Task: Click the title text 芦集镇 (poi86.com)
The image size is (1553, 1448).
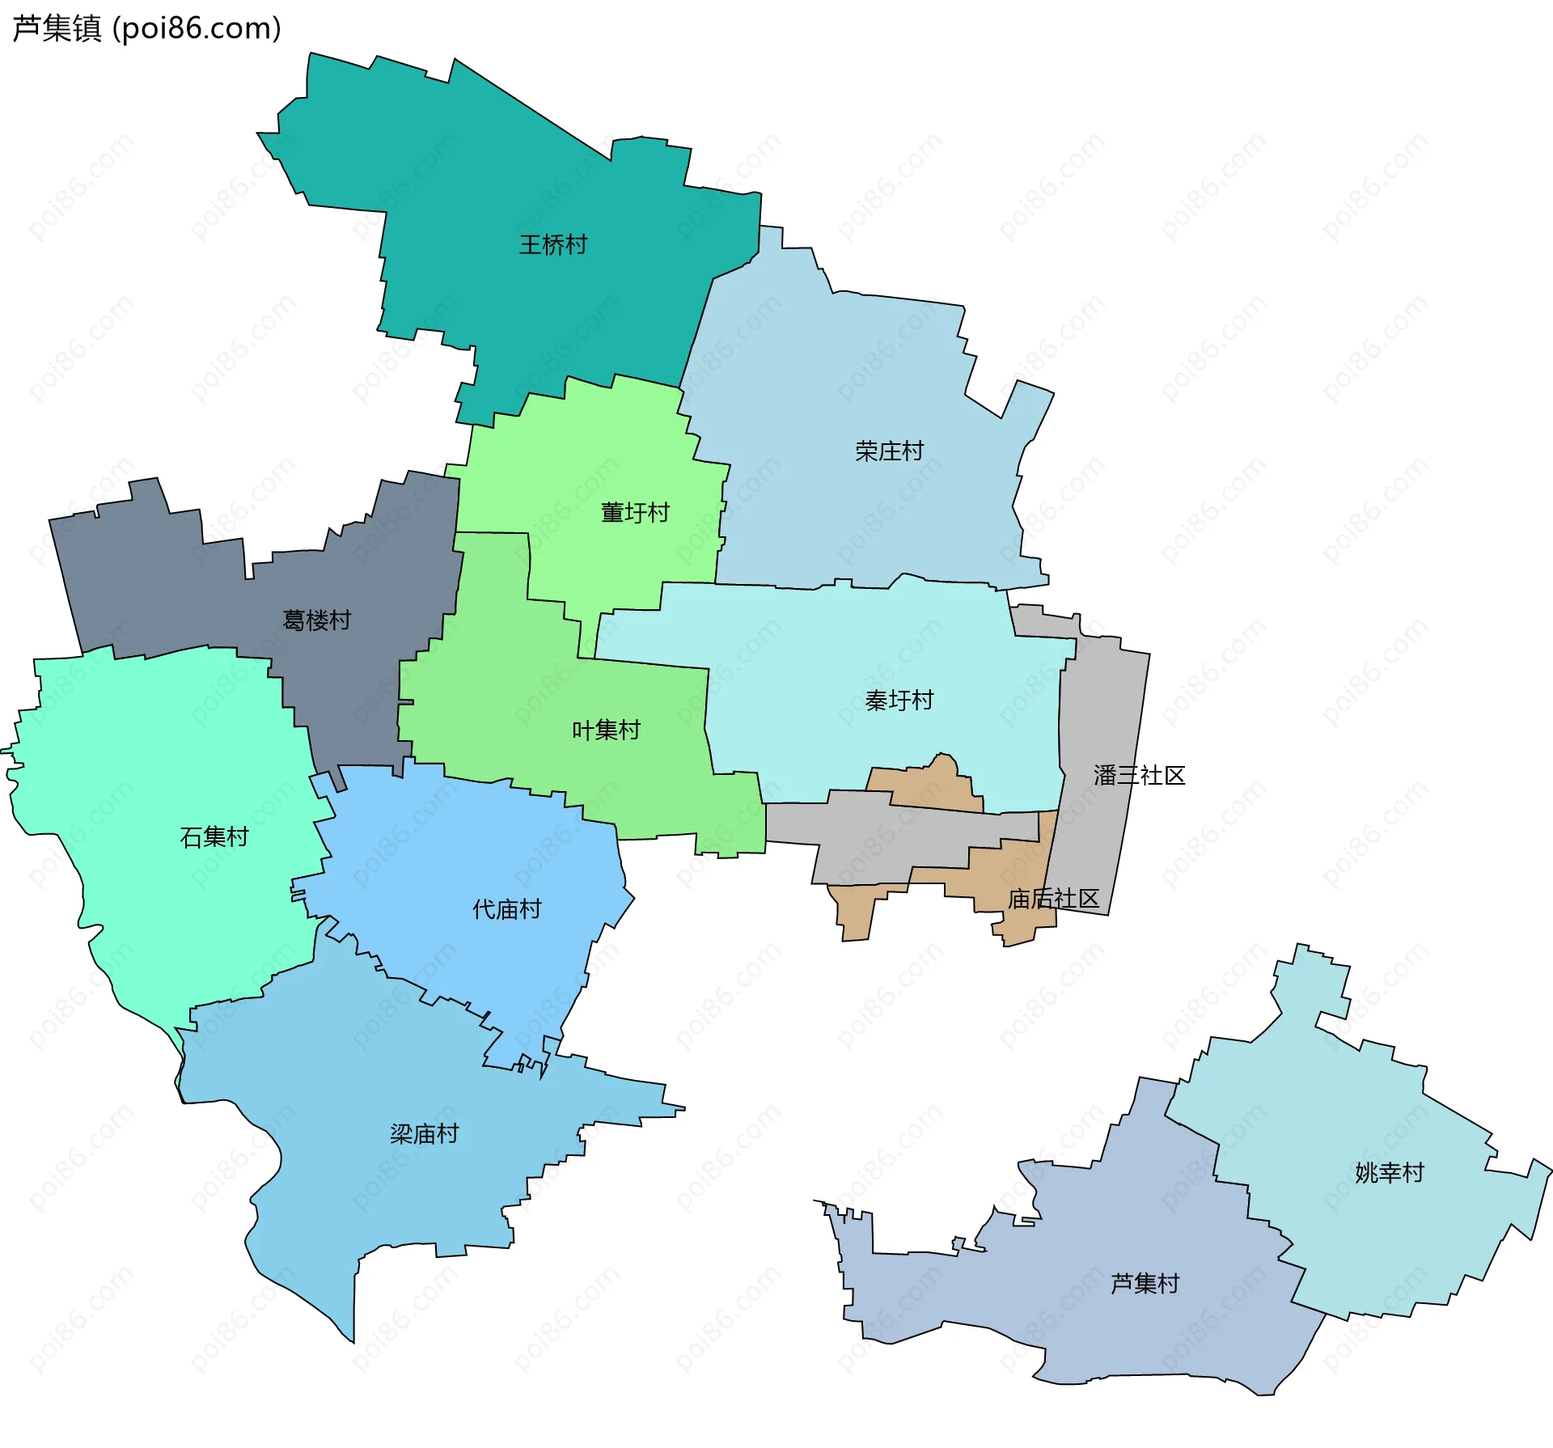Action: point(146,28)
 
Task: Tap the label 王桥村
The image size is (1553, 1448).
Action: point(553,244)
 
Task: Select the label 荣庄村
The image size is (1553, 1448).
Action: point(889,451)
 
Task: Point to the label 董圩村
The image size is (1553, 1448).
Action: point(635,512)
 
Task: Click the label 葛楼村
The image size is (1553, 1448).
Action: point(316,620)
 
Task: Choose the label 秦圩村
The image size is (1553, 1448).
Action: point(899,700)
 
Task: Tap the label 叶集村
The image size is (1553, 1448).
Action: point(606,730)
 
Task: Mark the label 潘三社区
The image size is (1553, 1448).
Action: point(1139,775)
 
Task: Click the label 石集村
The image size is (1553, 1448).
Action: point(214,836)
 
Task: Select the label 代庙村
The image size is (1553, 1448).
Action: point(506,909)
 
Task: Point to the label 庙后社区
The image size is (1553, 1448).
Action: point(1053,899)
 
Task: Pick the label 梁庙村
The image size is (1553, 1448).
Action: point(424,1133)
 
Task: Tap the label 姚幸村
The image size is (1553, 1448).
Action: point(1389,1172)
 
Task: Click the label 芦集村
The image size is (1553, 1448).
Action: point(1145,1283)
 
